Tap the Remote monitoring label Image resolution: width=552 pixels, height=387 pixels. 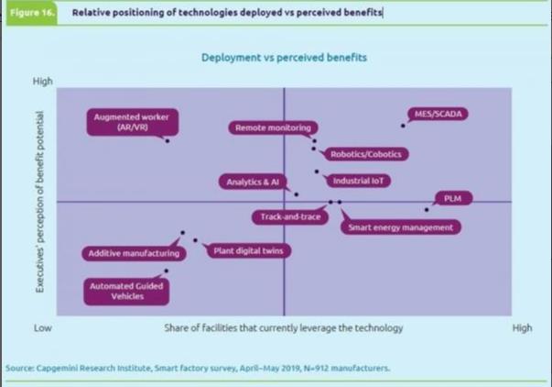coord(273,127)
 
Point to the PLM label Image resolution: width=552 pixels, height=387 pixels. coord(452,198)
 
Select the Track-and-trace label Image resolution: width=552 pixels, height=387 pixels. coord(284,217)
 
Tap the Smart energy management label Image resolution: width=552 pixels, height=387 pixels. coord(401,227)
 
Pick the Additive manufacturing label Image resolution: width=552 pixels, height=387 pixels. coord(133,253)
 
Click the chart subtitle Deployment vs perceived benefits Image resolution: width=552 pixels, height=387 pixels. coord(284,58)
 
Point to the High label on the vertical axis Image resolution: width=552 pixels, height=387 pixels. coord(43,81)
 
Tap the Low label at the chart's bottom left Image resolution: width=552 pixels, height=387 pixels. coord(42,327)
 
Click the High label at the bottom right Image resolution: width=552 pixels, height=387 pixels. coord(522,327)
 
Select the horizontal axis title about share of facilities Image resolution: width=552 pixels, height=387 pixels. coord(284,327)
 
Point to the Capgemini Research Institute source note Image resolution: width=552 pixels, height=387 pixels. coord(199,369)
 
